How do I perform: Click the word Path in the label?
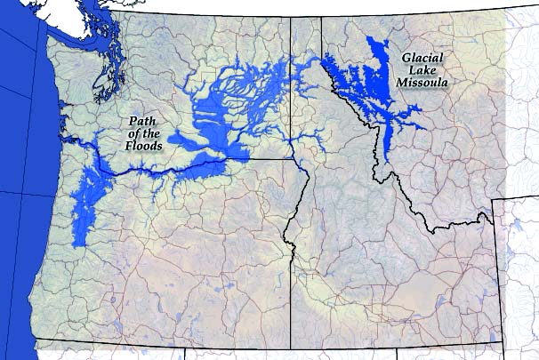(144, 121)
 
